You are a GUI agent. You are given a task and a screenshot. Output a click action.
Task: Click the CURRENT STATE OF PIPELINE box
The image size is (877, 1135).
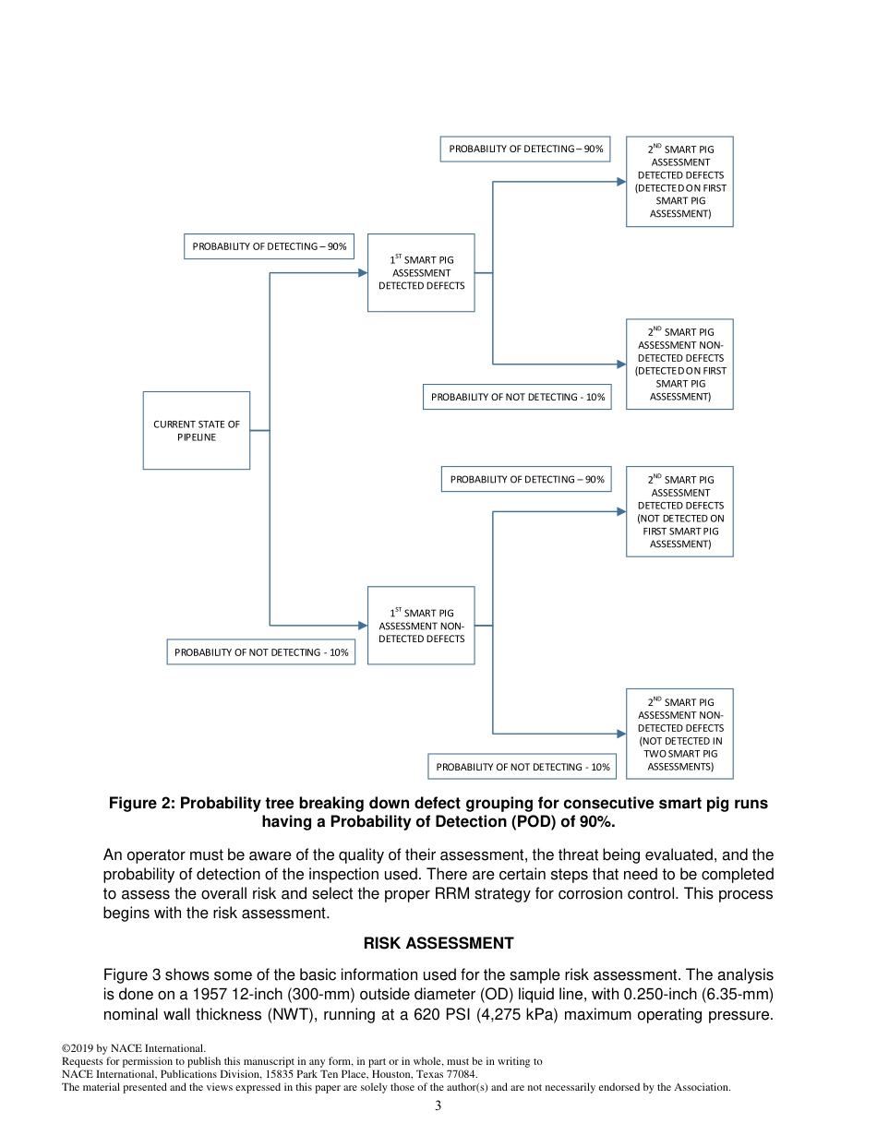196,430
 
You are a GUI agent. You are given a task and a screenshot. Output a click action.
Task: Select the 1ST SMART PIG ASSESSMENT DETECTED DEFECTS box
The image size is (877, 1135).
421,272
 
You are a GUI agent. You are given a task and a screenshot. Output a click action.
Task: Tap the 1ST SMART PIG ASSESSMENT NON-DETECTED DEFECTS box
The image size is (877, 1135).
421,625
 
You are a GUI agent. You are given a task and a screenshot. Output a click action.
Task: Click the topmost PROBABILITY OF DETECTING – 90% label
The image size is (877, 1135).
525,149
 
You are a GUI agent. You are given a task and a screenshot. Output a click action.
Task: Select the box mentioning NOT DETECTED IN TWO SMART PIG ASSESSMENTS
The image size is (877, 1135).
679,734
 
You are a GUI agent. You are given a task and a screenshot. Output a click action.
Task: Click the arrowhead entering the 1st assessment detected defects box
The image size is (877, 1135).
363,272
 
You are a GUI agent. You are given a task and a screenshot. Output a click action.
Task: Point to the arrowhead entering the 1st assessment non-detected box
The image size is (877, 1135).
363,625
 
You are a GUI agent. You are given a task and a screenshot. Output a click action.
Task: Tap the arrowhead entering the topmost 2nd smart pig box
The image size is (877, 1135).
621,181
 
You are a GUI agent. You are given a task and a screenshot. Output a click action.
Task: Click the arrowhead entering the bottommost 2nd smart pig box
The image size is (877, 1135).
621,734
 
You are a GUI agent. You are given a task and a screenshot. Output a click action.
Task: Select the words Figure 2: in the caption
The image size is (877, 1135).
141,804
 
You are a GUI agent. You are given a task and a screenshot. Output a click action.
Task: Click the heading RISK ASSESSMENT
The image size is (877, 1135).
438,943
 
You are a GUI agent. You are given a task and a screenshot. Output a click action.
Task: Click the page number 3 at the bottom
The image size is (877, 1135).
438,1106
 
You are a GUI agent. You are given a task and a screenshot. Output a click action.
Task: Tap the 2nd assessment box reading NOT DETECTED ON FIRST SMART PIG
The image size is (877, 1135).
679,511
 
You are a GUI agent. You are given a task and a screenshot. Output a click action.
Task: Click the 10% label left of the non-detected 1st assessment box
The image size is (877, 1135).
261,652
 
